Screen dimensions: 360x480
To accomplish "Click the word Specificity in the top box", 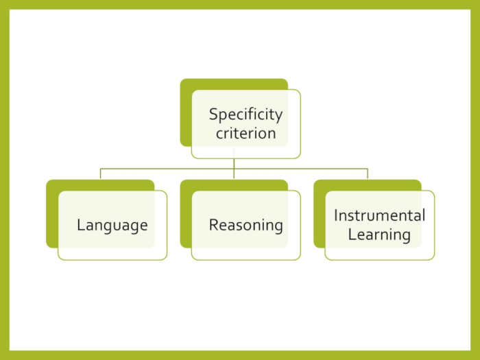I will click(245, 115).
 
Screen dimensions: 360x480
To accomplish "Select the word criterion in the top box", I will click(245, 133).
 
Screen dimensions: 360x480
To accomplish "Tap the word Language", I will click(112, 225).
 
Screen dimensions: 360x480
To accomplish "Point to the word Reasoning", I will click(245, 225).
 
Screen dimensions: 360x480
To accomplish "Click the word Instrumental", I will click(379, 215).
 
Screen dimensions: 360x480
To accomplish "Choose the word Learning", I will click(379, 235).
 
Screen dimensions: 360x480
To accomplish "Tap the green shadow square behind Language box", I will click(52, 213).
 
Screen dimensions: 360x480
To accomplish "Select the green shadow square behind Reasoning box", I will click(186, 213).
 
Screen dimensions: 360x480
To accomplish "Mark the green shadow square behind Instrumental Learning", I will click(319, 213).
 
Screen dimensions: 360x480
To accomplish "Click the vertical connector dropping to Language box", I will click(100, 173).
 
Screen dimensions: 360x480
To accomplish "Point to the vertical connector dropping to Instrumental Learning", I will click(368, 173).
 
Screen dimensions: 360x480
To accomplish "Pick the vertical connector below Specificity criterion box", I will click(234, 163).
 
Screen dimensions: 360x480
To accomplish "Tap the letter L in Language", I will click(80, 225).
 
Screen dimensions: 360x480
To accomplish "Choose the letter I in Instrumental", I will click(336, 215).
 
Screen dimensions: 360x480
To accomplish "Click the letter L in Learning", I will click(352, 235).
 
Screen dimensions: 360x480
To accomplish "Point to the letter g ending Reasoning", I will click(278, 227).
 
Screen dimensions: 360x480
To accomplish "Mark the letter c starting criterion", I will click(219, 134).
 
